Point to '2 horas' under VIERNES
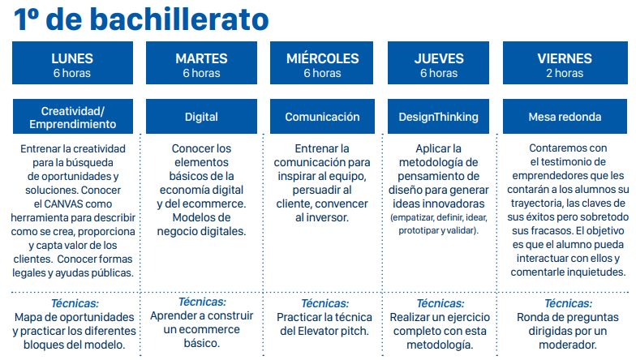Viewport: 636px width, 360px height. click(x=565, y=74)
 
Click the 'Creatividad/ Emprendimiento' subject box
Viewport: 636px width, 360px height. click(x=72, y=117)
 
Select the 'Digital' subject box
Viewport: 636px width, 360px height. click(x=201, y=117)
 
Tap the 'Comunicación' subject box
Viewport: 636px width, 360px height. click(x=322, y=117)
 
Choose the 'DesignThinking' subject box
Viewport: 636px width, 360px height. click(x=439, y=117)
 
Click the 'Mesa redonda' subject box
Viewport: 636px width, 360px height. click(x=565, y=117)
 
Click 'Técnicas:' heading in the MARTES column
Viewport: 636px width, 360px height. click(x=202, y=302)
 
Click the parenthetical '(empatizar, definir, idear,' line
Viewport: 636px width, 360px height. click(x=439, y=218)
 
